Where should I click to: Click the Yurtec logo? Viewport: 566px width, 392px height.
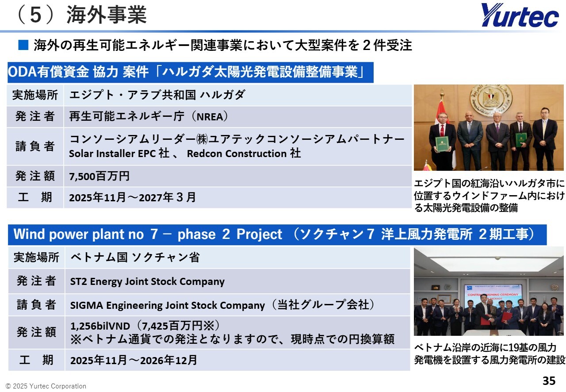pos(520,15)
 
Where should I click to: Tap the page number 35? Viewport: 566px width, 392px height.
pos(549,380)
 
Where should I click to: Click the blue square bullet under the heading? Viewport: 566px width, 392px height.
pos(23,45)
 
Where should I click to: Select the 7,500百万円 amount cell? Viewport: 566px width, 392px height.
pos(238,176)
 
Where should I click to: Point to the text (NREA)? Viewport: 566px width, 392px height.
pos(210,117)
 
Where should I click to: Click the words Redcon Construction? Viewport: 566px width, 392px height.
pos(237,154)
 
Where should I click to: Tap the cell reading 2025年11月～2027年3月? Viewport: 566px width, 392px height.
pos(238,197)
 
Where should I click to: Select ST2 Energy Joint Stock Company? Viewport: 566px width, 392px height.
pos(147,281)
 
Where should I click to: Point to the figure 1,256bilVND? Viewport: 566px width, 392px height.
pos(100,326)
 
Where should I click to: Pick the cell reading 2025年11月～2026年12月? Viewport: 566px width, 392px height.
pos(237,360)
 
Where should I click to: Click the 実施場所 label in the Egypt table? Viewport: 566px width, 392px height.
pos(35,95)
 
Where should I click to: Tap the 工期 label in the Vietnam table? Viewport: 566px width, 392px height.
pos(36,360)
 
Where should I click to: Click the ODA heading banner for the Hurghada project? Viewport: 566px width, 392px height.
pos(191,72)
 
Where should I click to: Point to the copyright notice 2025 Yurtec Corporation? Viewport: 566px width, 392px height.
pos(46,386)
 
